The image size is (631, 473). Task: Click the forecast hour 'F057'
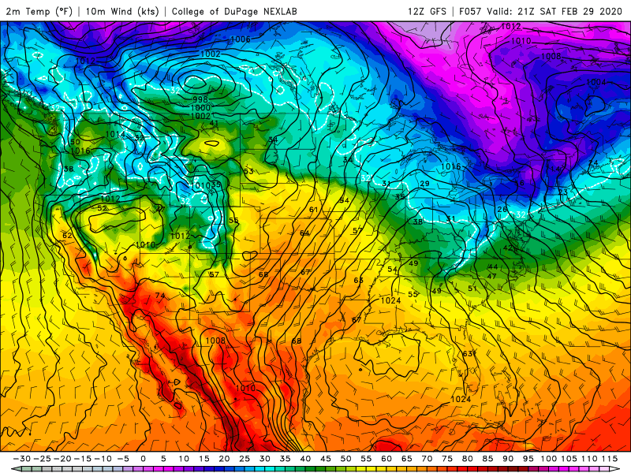tap(472, 11)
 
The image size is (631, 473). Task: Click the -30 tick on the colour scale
tap(24, 458)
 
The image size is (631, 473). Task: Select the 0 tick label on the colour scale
tap(143, 458)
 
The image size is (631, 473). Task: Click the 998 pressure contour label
tap(201, 99)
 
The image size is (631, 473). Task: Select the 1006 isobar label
tap(241, 39)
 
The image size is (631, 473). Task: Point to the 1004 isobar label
tap(596, 83)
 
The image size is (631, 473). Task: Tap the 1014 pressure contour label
tap(115, 135)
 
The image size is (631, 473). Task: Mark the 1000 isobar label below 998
tap(201, 108)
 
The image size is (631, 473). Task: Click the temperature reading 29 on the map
tap(424, 184)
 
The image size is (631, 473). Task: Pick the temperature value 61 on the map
tap(313, 210)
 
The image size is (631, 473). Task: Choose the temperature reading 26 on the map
tap(502, 209)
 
